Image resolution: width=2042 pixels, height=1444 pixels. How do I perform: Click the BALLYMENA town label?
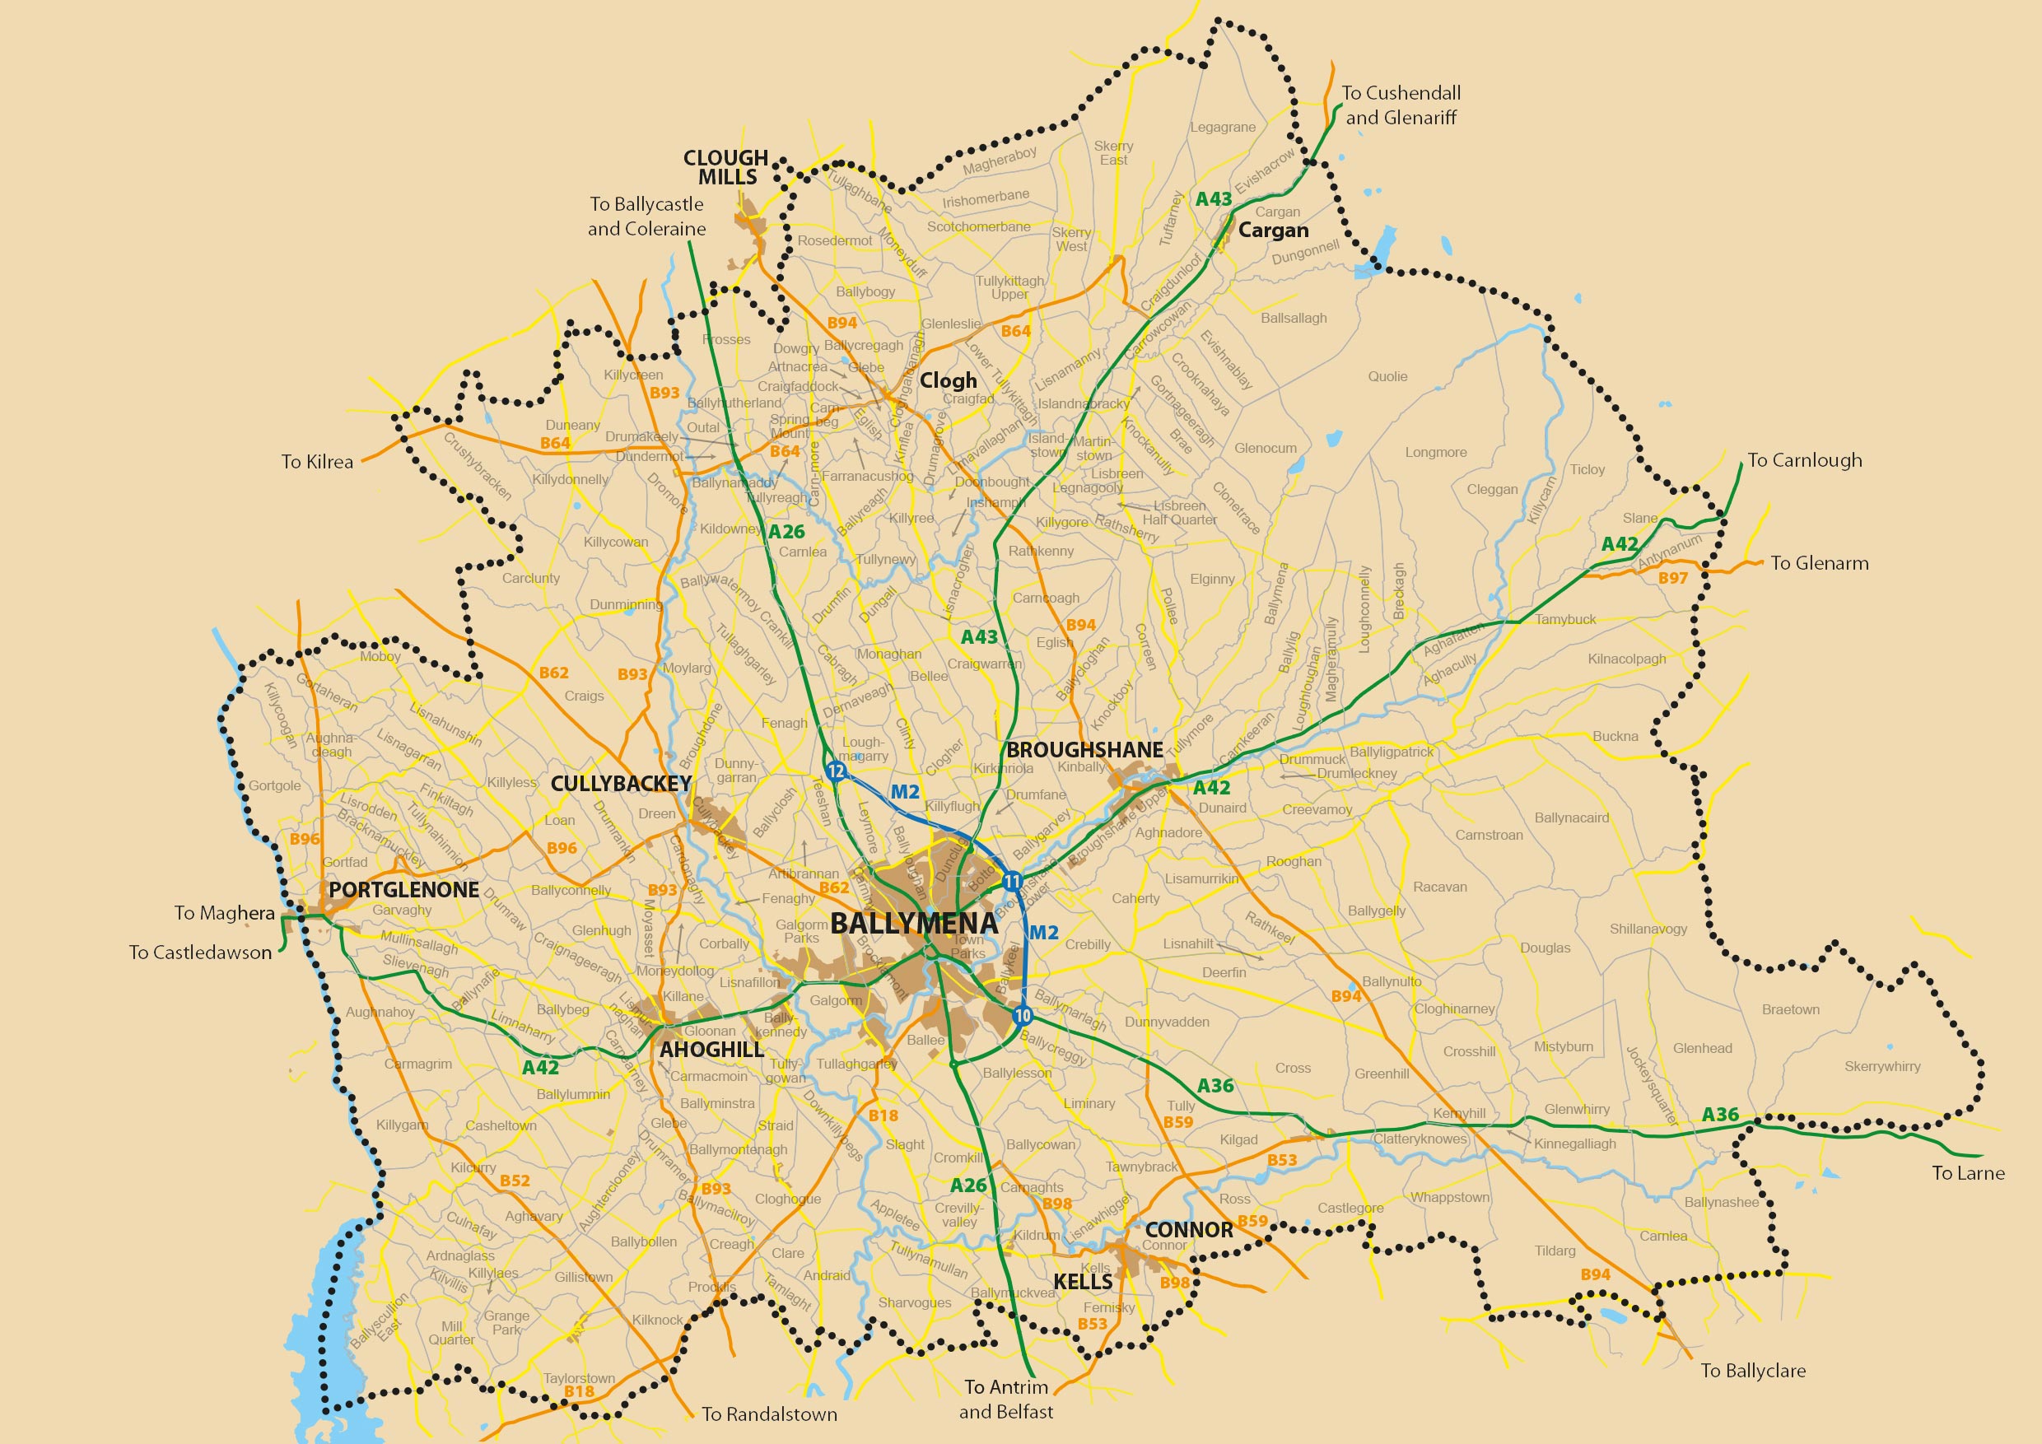tap(914, 923)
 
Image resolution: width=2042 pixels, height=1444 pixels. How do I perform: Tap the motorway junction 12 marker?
tap(835, 771)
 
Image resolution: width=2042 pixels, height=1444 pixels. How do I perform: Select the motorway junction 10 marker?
tap(1022, 1015)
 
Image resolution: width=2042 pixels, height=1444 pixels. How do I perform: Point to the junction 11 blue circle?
tap(1012, 882)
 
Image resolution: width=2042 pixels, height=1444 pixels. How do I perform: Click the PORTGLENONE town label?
tap(403, 890)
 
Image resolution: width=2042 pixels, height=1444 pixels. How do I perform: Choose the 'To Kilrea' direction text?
tap(318, 462)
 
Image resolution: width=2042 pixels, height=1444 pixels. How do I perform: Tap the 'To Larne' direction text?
tap(1968, 1173)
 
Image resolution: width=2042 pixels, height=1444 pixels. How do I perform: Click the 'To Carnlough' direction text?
tap(1805, 459)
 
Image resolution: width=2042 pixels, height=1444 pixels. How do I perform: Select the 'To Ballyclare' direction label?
tap(1753, 1370)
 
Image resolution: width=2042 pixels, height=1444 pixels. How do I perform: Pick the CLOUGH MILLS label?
tap(725, 167)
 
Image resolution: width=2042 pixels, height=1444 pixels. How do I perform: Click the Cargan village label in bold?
tap(1274, 231)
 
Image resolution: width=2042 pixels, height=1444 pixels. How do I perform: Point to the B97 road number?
tap(1673, 578)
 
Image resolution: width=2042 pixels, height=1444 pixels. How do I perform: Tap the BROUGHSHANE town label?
tap(1084, 749)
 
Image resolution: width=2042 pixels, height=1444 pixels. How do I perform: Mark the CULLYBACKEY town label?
tap(621, 784)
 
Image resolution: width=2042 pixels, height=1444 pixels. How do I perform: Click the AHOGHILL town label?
tap(711, 1049)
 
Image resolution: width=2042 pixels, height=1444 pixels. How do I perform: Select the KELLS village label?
tap(1083, 1281)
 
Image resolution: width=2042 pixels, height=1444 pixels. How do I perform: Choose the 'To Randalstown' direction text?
tap(769, 1414)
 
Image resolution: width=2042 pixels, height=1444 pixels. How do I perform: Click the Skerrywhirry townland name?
tap(1882, 1066)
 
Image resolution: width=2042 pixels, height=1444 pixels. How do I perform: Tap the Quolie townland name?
tap(1387, 376)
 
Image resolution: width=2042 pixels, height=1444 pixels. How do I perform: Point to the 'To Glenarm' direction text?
tap(1819, 563)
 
